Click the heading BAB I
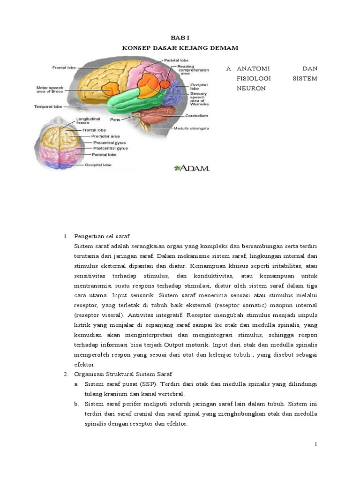(x=180, y=37)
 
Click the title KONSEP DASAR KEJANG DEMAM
(x=180, y=48)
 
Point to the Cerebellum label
(x=196, y=116)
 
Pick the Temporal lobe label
(x=48, y=106)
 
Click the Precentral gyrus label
(x=109, y=142)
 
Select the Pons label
(x=115, y=120)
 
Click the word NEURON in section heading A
(x=251, y=88)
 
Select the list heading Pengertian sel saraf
(x=102, y=235)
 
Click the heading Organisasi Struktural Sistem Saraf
(x=123, y=374)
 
